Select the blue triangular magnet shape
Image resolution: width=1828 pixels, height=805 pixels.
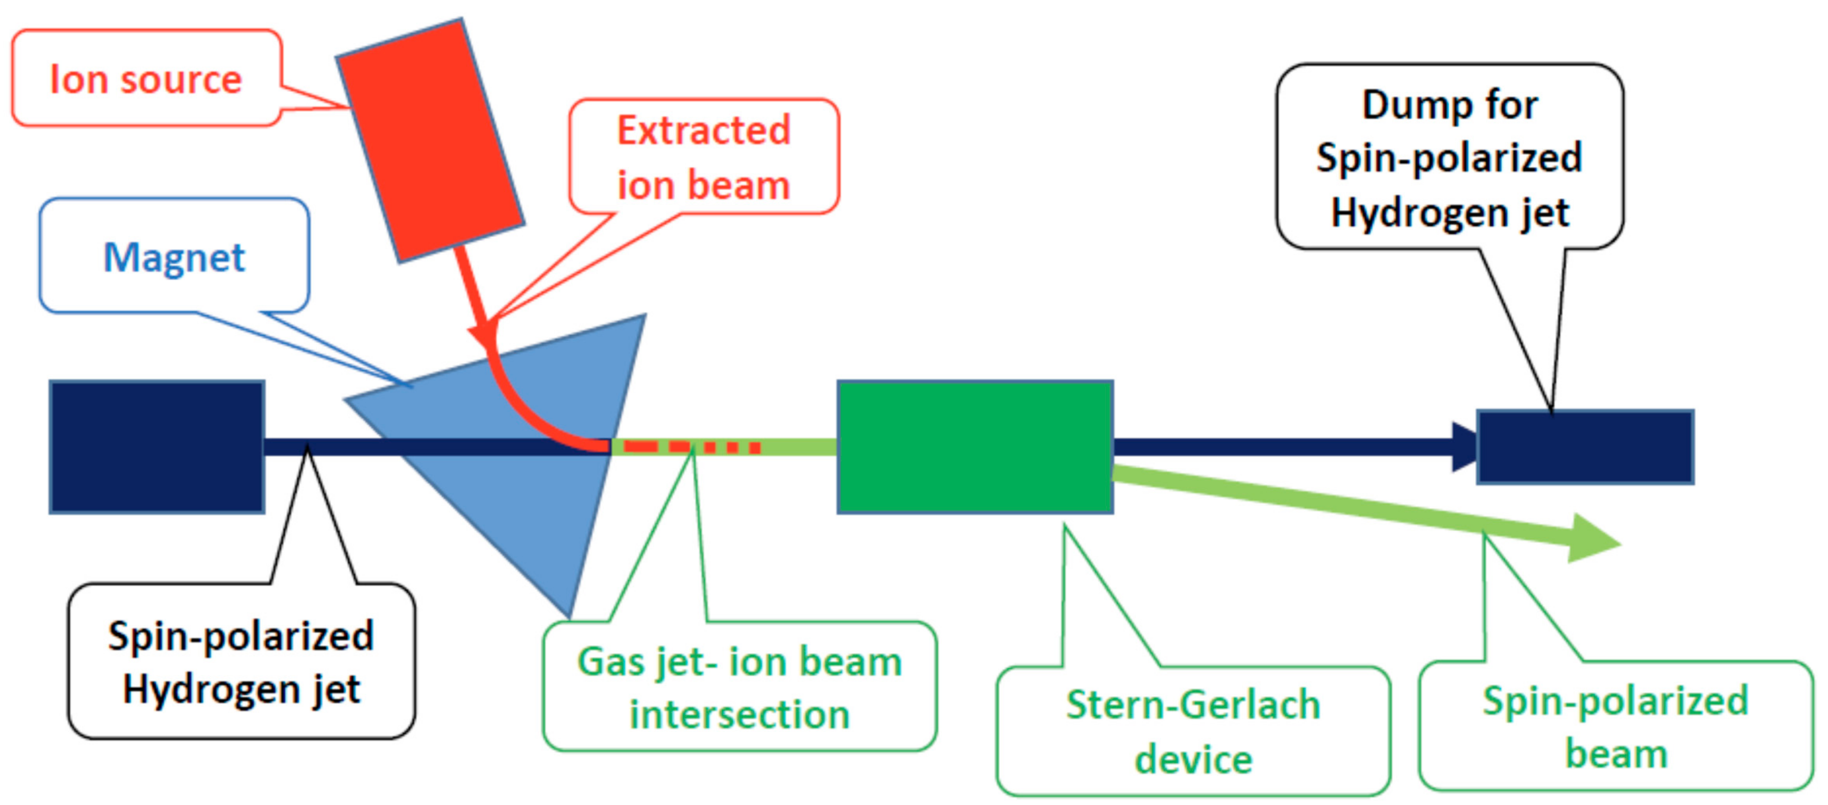tap(539, 497)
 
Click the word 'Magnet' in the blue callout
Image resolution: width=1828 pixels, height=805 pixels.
tap(174, 257)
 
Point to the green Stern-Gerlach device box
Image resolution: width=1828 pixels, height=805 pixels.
tap(974, 447)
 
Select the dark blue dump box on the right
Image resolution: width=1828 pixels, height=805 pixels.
tap(1585, 447)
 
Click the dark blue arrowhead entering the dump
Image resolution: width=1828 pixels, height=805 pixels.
tap(1463, 447)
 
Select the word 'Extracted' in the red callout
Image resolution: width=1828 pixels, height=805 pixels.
tap(703, 131)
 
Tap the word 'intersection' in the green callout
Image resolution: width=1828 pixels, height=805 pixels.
tap(739, 714)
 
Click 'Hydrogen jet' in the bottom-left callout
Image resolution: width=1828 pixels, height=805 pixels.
tap(242, 689)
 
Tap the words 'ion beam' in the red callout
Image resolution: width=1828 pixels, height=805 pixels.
tap(703, 185)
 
